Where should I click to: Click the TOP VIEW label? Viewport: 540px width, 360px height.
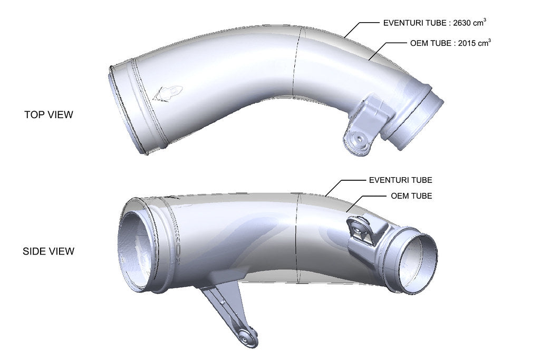[49, 114]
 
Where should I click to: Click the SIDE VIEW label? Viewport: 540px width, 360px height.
[49, 251]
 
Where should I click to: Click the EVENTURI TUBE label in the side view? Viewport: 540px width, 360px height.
[401, 180]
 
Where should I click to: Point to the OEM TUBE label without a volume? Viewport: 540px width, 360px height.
[411, 196]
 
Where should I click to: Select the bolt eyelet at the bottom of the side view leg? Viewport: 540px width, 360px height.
[246, 339]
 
